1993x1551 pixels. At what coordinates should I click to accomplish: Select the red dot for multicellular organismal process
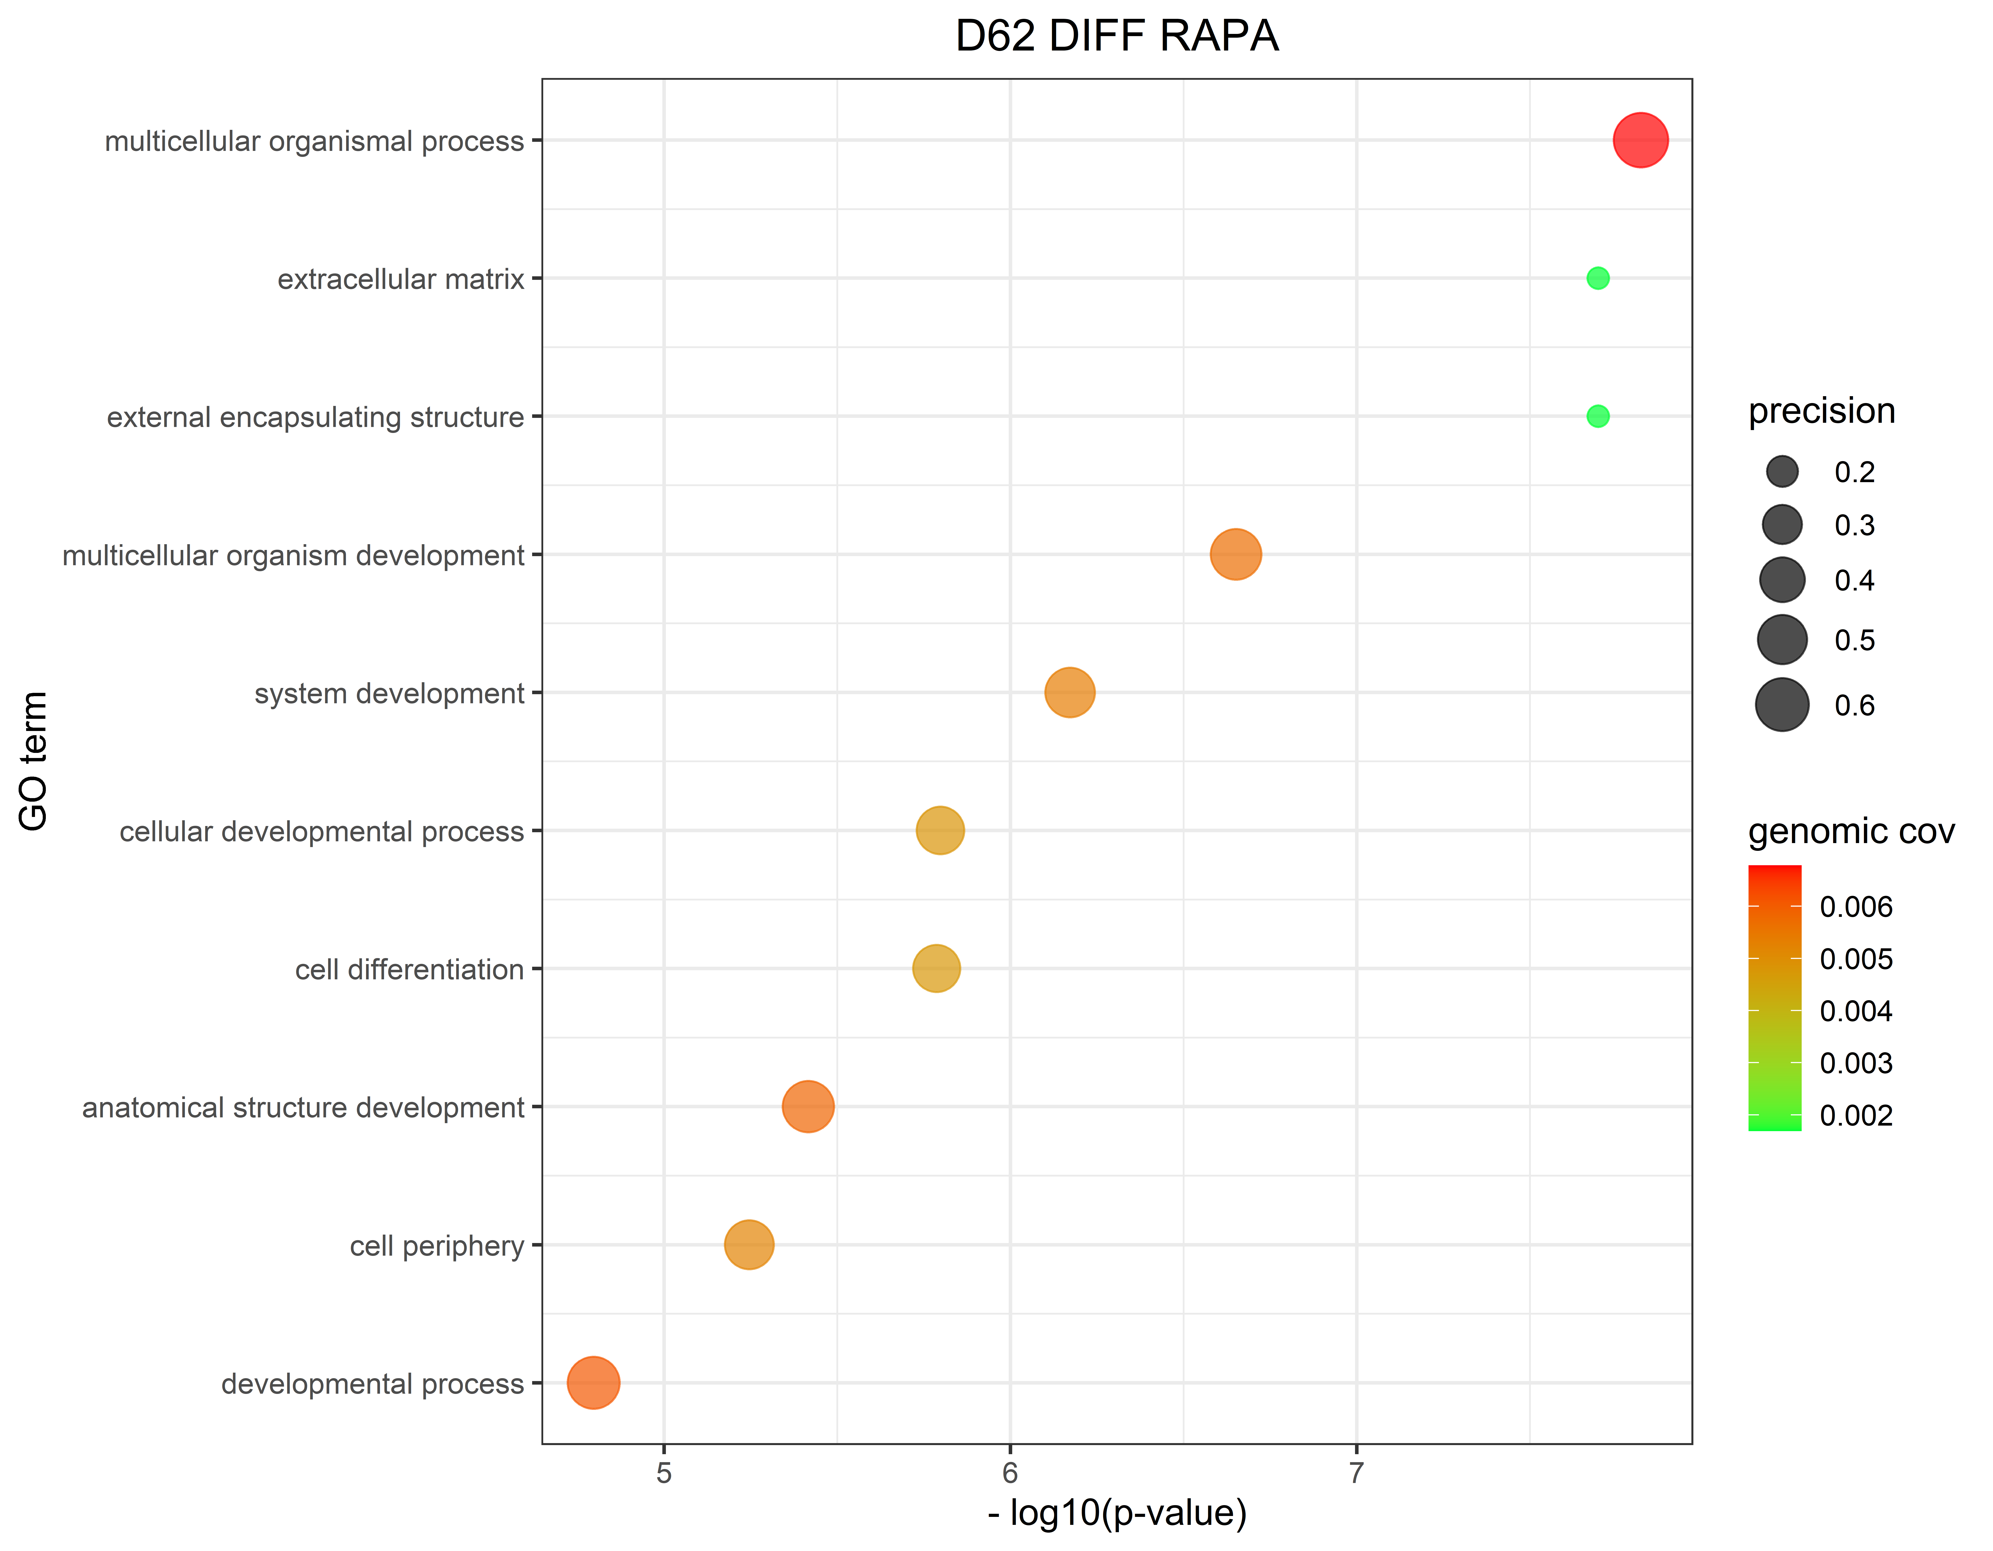1640,140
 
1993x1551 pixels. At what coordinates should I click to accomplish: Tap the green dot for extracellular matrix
1597,279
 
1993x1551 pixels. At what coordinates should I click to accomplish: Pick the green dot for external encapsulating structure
1597,416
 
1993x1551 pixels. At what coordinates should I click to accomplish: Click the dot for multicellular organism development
1236,554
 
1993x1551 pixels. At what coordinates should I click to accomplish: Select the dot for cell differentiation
936,968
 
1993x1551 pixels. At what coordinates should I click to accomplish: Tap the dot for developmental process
593,1382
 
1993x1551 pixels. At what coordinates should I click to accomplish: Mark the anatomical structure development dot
808,1107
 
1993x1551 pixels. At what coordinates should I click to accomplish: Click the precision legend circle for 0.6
1781,705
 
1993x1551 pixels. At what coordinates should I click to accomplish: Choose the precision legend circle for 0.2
1781,472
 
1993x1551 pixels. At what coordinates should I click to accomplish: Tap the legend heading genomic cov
1851,832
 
